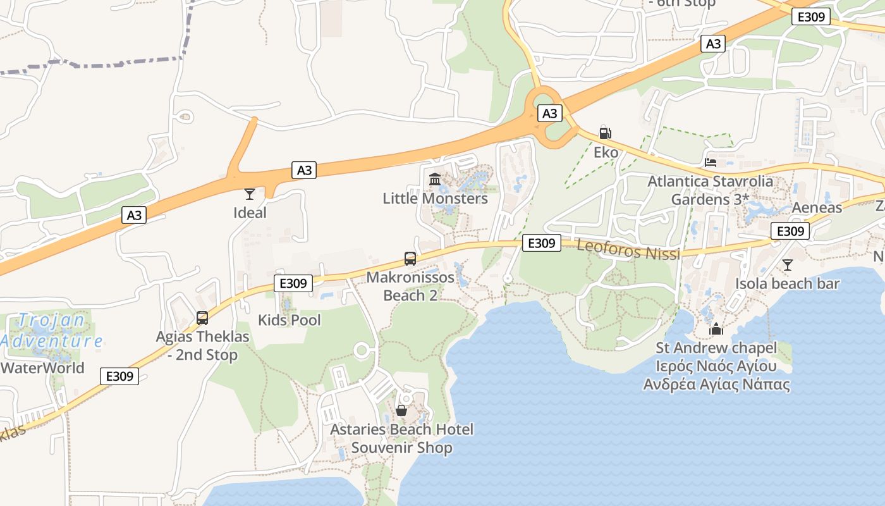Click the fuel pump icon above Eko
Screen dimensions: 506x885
click(x=605, y=133)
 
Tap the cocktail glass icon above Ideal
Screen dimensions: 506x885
click(x=250, y=194)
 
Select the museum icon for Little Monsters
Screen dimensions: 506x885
click(x=435, y=180)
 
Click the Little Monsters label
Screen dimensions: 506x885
click(x=435, y=198)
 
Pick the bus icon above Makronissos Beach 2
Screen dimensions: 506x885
click(x=410, y=258)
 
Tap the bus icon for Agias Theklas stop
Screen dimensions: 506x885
click(x=202, y=318)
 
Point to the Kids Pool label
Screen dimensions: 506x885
click(x=290, y=320)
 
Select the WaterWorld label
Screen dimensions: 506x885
click(x=43, y=367)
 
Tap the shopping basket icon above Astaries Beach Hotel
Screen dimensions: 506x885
click(x=401, y=410)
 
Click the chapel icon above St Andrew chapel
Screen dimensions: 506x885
click(x=716, y=329)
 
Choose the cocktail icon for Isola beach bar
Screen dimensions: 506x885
click(x=787, y=264)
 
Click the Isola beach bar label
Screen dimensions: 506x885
click(x=787, y=283)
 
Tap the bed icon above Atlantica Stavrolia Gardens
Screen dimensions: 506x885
click(x=711, y=162)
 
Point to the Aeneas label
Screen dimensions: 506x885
click(x=817, y=207)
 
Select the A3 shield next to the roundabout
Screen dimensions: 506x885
click(x=549, y=113)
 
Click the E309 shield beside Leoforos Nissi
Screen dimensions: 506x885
click(x=542, y=242)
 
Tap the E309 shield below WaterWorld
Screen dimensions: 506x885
click(x=119, y=376)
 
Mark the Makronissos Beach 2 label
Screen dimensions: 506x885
click(x=410, y=286)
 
